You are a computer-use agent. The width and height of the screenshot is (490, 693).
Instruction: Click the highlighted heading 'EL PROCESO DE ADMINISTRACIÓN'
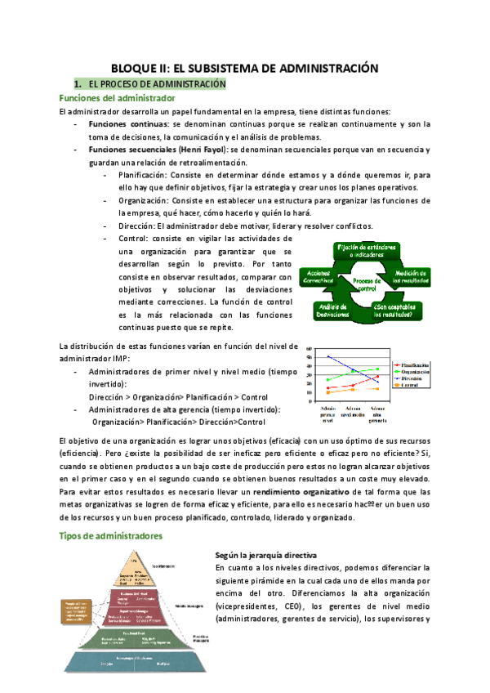coord(150,84)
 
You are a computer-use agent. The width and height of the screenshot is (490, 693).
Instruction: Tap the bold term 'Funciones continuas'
coord(128,123)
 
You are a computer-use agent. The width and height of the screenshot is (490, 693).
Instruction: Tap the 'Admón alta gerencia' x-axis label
coord(377,414)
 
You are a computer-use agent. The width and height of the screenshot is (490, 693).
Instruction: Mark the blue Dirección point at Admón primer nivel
coord(328,356)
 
